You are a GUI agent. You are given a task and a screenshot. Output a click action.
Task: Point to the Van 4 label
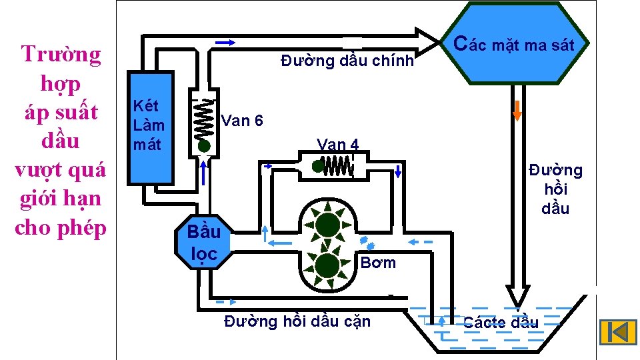(x=338, y=145)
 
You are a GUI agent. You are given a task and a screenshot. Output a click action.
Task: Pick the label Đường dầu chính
(x=347, y=61)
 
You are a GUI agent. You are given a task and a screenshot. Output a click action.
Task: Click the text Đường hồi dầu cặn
(x=297, y=321)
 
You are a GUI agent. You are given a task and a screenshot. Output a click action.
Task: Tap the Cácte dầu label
(x=501, y=323)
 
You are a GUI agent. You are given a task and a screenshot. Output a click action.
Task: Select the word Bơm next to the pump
(x=378, y=263)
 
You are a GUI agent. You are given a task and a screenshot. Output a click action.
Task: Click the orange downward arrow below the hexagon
(x=517, y=109)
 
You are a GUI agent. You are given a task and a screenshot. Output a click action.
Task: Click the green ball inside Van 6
(x=204, y=145)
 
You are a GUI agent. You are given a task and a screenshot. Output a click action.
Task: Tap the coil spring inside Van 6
(x=204, y=120)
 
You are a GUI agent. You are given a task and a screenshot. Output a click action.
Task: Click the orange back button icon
(x=617, y=333)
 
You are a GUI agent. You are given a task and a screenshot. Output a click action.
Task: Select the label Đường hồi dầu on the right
(x=555, y=189)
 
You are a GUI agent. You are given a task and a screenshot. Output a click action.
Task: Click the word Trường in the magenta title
(x=61, y=54)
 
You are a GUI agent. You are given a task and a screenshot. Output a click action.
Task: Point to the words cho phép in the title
(x=61, y=227)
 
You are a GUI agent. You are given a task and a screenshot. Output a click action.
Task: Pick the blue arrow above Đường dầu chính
(x=226, y=43)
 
